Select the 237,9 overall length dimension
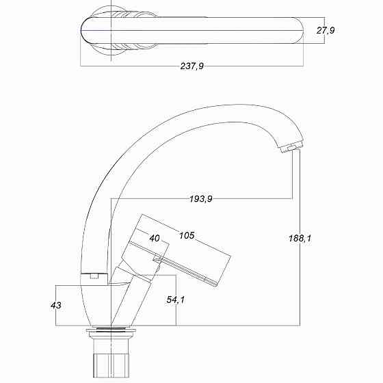click(x=192, y=66)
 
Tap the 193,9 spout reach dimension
click(x=200, y=198)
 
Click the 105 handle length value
click(x=187, y=235)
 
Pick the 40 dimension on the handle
click(x=154, y=238)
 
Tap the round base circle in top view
click(x=109, y=30)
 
